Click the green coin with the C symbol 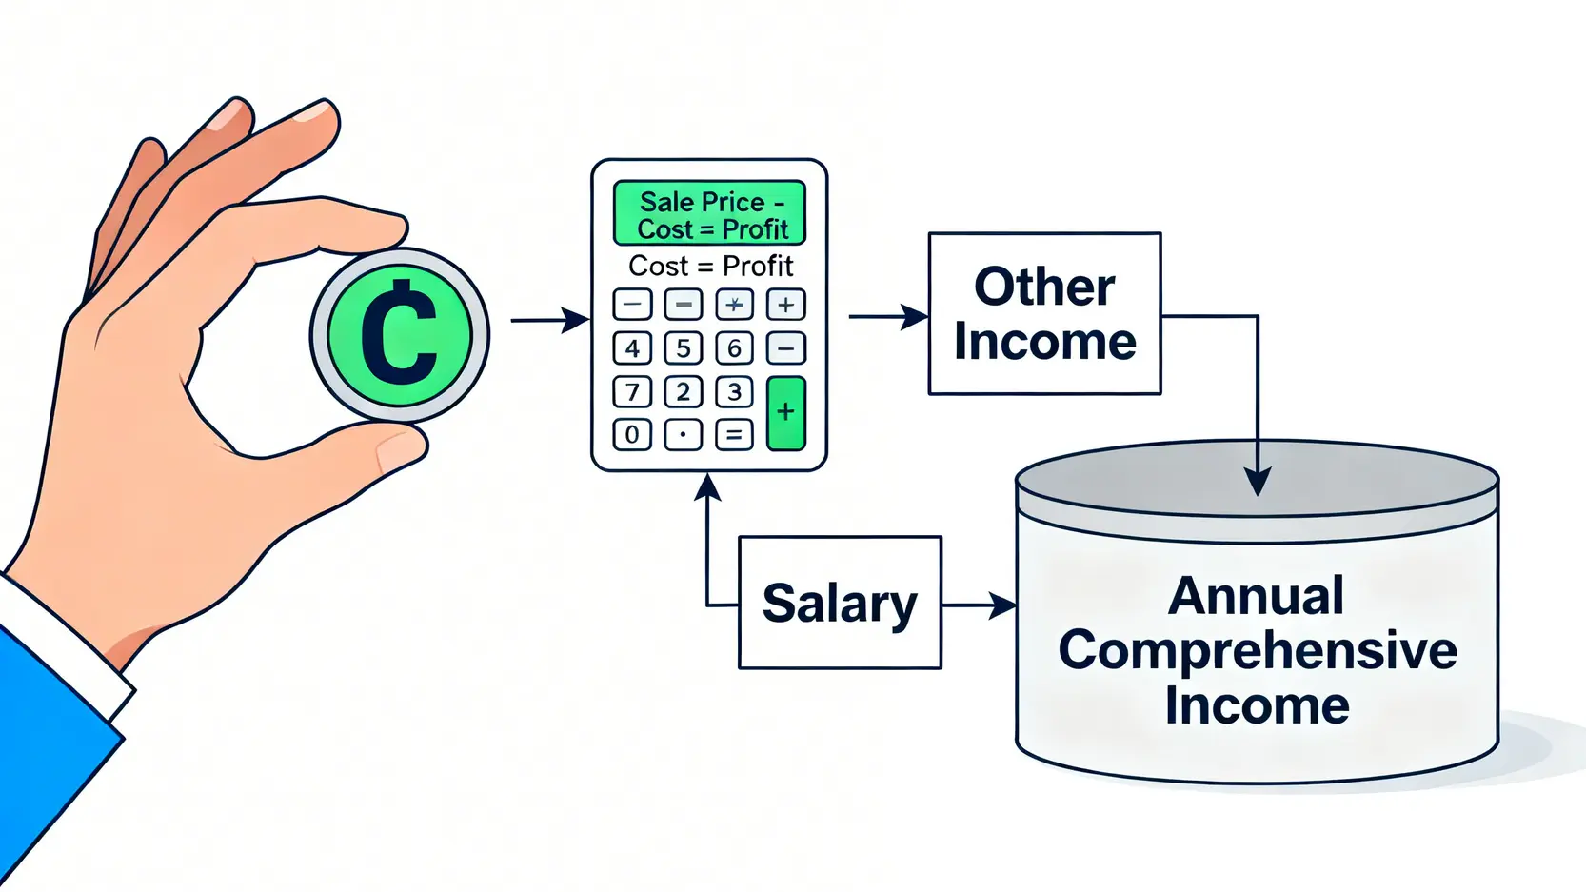pos(400,334)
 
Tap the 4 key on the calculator pos(632,348)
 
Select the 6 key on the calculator pos(734,348)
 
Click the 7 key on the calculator pos(632,391)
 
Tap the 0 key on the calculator pos(632,435)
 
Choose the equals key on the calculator pos(734,435)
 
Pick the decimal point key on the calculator pos(683,435)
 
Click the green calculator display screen pos(709,213)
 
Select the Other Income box pos(1044,313)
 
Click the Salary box pos(840,603)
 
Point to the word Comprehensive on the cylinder pos(1257,650)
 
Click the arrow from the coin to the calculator pos(549,320)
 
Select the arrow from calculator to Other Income pos(887,316)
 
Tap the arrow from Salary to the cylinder pos(979,605)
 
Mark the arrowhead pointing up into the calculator pos(707,487)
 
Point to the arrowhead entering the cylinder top pos(1258,481)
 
